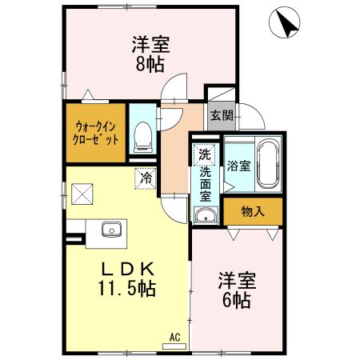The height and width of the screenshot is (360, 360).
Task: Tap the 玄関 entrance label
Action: tap(222, 115)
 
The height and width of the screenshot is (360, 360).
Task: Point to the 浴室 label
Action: tap(238, 166)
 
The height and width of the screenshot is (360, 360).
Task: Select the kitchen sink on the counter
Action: tap(110, 230)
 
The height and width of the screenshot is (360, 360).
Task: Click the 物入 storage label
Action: tap(253, 211)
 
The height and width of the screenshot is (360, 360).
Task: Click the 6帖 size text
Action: tap(237, 301)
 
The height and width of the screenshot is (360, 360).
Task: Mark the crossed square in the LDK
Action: tap(82, 194)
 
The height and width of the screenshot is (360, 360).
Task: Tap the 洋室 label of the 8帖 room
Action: tap(150, 44)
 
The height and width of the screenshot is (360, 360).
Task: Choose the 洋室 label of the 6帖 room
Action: tap(237, 282)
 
